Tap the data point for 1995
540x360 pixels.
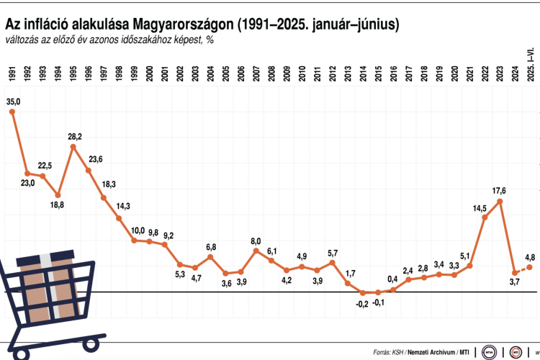pyautogui.click(x=73, y=147)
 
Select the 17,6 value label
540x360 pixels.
pyautogui.click(x=499, y=191)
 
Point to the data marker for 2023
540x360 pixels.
pyautogui.click(x=500, y=202)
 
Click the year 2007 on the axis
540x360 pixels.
pyautogui.click(x=256, y=74)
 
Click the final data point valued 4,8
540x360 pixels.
pyautogui.click(x=531, y=267)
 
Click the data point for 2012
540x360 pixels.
pyautogui.click(x=332, y=263)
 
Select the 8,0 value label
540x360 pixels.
pyautogui.click(x=256, y=241)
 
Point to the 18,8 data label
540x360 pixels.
pyautogui.click(x=56, y=205)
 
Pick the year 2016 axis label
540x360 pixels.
pyautogui.click(x=393, y=74)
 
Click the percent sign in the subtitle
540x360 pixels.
pyautogui.click(x=210, y=40)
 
